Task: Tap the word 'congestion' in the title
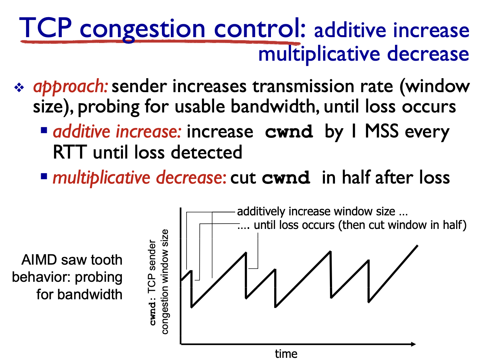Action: tap(142, 30)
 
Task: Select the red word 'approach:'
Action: tap(70, 87)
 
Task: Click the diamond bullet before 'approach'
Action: tap(19, 87)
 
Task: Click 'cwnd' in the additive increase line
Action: tap(289, 132)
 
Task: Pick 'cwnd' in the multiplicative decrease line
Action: tap(286, 177)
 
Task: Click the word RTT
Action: tap(70, 152)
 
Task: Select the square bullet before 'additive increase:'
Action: tap(44, 130)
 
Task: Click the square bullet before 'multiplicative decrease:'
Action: tap(44, 176)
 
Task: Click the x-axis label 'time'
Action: tap(286, 354)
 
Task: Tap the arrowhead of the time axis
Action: tap(413, 344)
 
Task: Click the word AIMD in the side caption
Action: tap(39, 260)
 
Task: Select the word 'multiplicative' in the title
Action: tap(319, 55)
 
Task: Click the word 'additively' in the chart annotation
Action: tap(261, 211)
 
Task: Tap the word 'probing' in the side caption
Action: tap(99, 278)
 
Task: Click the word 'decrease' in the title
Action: tap(428, 54)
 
